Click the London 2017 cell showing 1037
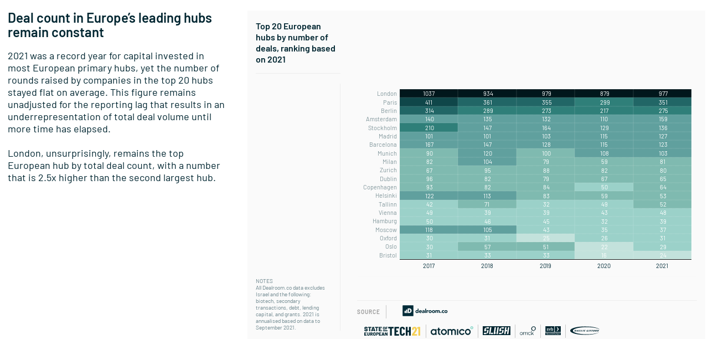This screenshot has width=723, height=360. tap(429, 94)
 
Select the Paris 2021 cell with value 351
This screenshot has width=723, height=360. tap(662, 102)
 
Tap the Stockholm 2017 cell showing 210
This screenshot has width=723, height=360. tap(429, 128)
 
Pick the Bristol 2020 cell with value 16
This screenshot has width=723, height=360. tap(604, 255)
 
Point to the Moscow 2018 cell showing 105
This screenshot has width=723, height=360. tap(487, 230)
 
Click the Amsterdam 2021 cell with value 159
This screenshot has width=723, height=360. tap(662, 119)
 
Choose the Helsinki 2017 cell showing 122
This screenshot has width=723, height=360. tap(429, 196)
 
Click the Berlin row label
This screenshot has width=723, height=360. tap(389, 111)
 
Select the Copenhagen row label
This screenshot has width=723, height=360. tap(380, 187)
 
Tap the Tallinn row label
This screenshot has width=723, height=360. tap(388, 204)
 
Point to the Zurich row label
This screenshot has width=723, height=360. tap(388, 170)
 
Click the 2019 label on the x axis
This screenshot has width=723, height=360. tap(545, 266)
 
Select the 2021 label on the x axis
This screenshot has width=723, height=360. tap(662, 266)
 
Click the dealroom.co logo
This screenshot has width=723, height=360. tap(425, 311)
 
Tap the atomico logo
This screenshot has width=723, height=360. tap(452, 331)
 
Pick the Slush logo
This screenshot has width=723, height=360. tap(496, 331)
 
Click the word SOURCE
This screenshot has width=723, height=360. tap(368, 312)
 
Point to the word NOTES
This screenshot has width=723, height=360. tap(264, 281)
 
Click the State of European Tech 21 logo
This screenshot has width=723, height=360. tap(392, 331)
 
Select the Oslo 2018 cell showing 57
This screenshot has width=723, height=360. tap(487, 246)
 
